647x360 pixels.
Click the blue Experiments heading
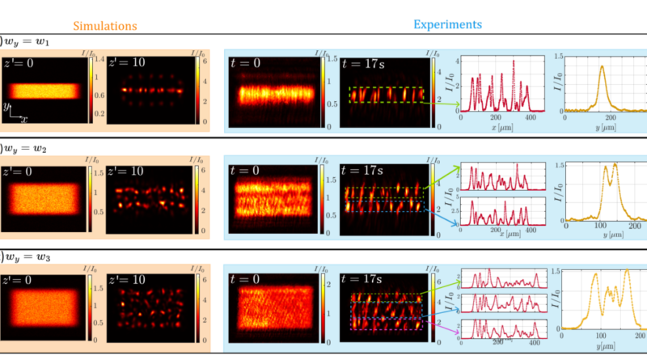click(447, 24)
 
